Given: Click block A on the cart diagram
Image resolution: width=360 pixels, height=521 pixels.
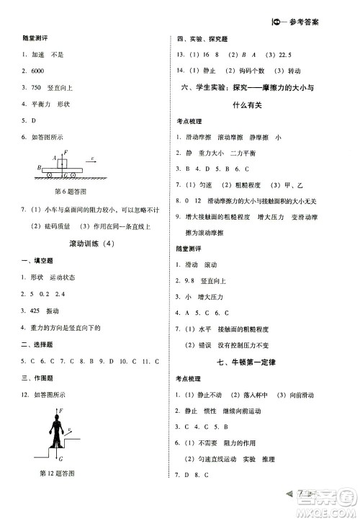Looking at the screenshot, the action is [65, 163].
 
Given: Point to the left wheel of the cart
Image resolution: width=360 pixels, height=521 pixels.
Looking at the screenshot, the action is [48, 175].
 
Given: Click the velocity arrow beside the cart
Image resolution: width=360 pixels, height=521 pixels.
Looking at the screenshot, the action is [92, 159].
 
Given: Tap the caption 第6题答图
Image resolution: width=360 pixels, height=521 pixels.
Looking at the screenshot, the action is [71, 192].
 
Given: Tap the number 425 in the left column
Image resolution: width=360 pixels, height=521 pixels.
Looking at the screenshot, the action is [37, 311].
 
